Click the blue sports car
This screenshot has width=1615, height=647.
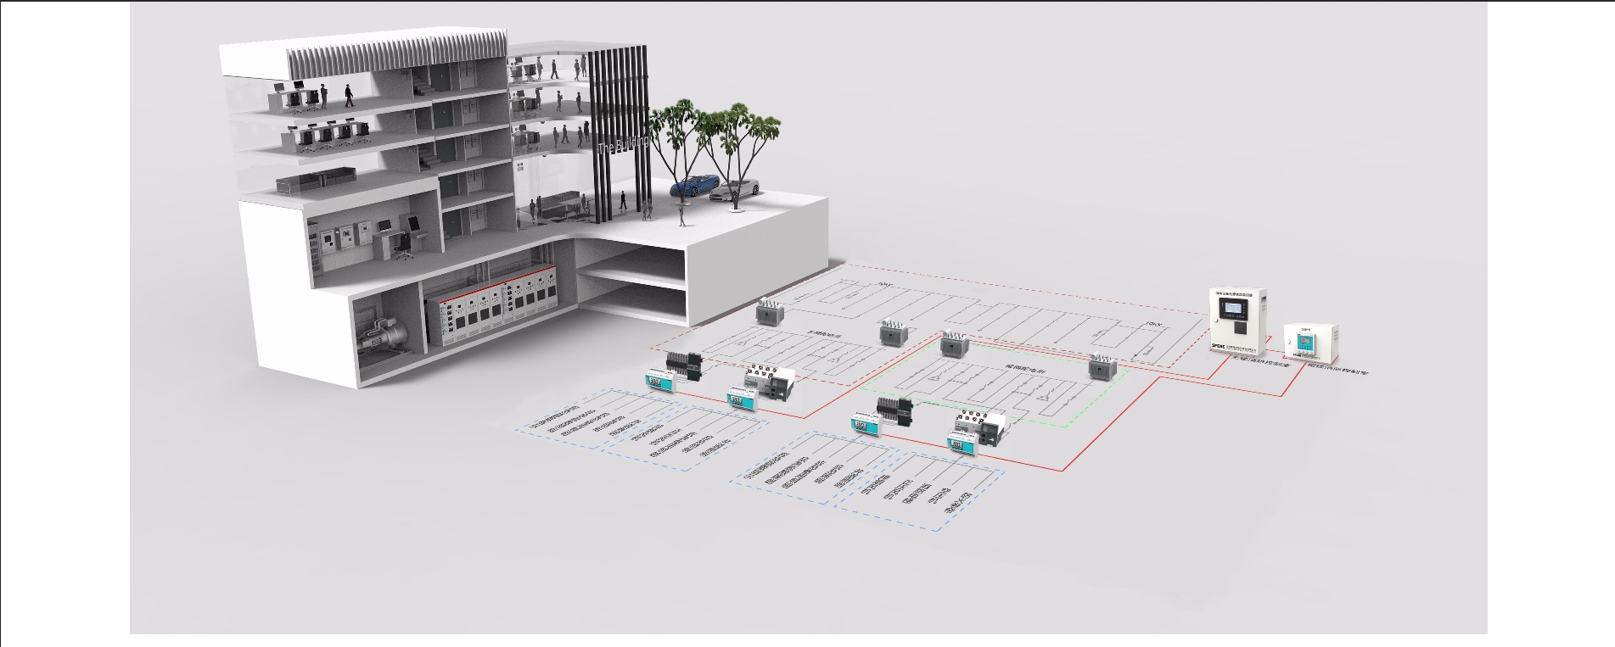694,185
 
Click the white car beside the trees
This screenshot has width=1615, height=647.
735,189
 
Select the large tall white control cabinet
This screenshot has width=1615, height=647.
1236,321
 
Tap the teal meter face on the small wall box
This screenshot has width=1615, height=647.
1304,344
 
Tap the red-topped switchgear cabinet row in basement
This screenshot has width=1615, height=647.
492,305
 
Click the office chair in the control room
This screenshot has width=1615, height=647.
404,245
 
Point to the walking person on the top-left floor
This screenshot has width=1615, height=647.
349,94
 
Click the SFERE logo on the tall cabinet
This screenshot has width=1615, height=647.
1217,345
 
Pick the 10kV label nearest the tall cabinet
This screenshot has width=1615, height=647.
1154,324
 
